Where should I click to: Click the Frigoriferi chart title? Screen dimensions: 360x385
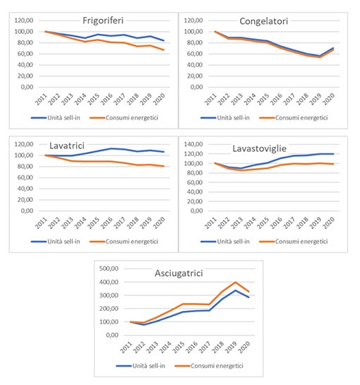pyautogui.click(x=103, y=20)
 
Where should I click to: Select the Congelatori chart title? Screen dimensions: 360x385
pyautogui.click(x=263, y=21)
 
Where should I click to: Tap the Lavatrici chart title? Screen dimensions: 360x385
pyautogui.click(x=67, y=146)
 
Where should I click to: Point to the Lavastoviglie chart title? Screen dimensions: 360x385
pyautogui.click(x=259, y=148)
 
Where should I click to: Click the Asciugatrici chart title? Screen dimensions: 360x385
pyautogui.click(x=179, y=273)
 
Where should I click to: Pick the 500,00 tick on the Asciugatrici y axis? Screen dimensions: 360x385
pyautogui.click(x=109, y=268)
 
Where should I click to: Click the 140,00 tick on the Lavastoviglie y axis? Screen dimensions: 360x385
pyautogui.click(x=193, y=144)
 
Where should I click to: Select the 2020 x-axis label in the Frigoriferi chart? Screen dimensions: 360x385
pyautogui.click(x=160, y=99)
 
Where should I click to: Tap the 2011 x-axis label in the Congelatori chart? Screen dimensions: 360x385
pyautogui.click(x=211, y=99)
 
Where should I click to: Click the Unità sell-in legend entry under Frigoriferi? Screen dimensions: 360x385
pyautogui.click(x=56, y=118)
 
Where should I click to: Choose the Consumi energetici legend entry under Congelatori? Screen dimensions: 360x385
pyautogui.click(x=294, y=118)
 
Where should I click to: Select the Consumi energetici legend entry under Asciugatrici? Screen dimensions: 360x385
pyautogui.click(x=209, y=366)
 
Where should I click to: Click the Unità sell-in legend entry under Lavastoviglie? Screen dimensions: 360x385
pyautogui.click(x=225, y=242)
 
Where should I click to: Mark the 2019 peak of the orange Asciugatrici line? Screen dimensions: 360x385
pyautogui.click(x=236, y=282)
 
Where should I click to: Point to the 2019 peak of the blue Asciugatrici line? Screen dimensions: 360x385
pyautogui.click(x=236, y=290)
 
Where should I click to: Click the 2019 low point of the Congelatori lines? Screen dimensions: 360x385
pyautogui.click(x=320, y=57)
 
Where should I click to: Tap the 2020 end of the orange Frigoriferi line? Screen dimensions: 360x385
pyautogui.click(x=164, y=50)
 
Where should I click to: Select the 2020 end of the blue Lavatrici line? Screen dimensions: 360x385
pyautogui.click(x=164, y=152)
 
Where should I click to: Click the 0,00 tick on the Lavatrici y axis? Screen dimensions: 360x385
pyautogui.click(x=27, y=211)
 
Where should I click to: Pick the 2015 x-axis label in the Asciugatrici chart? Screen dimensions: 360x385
pyautogui.click(x=179, y=347)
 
